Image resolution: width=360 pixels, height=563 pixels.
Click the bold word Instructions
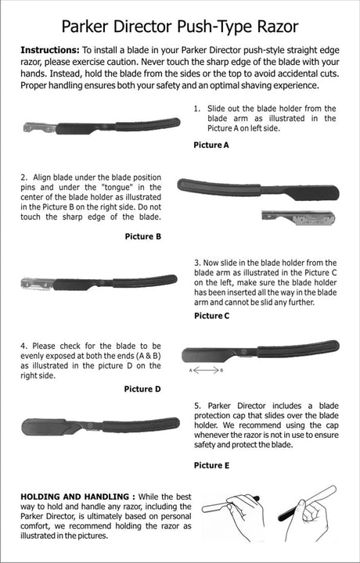(x=50, y=50)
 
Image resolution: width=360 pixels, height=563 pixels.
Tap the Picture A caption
(x=211, y=145)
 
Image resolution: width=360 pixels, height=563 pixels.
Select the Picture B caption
(x=143, y=236)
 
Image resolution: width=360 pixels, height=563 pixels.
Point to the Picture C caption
(x=211, y=316)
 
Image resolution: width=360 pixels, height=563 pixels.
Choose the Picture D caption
(x=142, y=389)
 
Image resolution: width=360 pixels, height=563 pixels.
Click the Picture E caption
(x=211, y=465)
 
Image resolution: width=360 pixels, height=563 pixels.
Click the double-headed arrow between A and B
(x=206, y=370)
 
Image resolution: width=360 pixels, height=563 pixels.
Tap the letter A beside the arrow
(x=191, y=370)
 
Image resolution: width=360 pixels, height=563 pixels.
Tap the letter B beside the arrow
(x=221, y=370)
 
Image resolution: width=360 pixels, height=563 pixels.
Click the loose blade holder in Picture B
(x=298, y=217)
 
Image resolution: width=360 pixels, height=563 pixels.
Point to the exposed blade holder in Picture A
(x=39, y=127)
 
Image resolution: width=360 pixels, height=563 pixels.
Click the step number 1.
(x=196, y=109)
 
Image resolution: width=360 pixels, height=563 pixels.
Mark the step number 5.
(x=197, y=406)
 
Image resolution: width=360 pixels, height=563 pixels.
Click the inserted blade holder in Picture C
(x=38, y=284)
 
